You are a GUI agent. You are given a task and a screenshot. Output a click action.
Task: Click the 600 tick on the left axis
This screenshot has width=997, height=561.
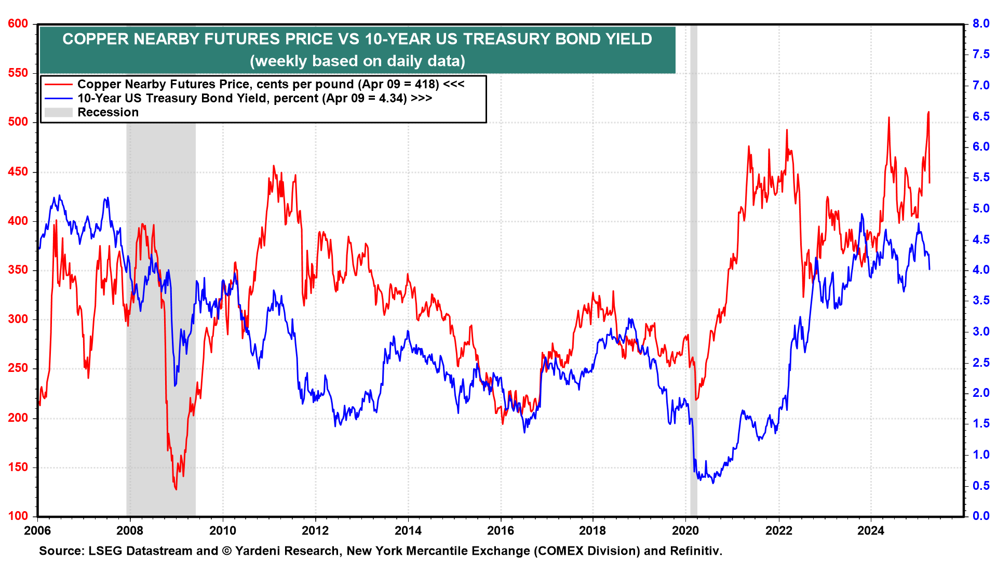pyautogui.click(x=18, y=24)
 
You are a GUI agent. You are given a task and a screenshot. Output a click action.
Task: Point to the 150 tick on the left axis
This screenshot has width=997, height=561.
pyautogui.click(x=18, y=467)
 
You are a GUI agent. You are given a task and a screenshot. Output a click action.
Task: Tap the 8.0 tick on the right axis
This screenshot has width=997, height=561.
pyautogui.click(x=981, y=24)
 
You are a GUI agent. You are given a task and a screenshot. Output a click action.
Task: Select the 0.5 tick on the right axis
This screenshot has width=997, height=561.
pyautogui.click(x=981, y=486)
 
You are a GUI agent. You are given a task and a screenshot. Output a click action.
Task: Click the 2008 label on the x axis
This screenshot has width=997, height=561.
pyautogui.click(x=130, y=530)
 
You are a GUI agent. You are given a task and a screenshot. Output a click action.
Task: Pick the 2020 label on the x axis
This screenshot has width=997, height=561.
pyautogui.click(x=685, y=530)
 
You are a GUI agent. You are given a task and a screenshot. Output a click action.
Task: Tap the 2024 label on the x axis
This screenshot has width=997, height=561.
pyautogui.click(x=871, y=530)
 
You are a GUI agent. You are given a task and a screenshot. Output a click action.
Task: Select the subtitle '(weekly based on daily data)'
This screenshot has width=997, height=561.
pyautogui.click(x=357, y=61)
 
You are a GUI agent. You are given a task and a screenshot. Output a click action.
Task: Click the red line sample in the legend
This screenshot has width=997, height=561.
pyautogui.click(x=58, y=84)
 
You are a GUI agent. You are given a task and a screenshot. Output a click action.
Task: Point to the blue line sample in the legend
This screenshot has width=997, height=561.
pyautogui.click(x=58, y=98)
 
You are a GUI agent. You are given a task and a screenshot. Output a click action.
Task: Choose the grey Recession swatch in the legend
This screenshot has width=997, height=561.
pyautogui.click(x=58, y=112)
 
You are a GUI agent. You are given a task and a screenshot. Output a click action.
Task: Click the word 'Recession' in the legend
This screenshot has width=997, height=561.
pyautogui.click(x=108, y=112)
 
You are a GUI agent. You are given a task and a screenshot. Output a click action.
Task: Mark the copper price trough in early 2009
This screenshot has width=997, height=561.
pyautogui.click(x=176, y=489)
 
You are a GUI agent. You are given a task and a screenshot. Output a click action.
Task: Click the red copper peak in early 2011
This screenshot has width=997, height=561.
pyautogui.click(x=274, y=166)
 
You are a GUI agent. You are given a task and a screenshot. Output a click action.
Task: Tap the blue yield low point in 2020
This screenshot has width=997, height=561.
pyautogui.click(x=713, y=483)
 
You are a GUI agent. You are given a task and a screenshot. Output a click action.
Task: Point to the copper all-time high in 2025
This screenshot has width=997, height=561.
pyautogui.click(x=928, y=112)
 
